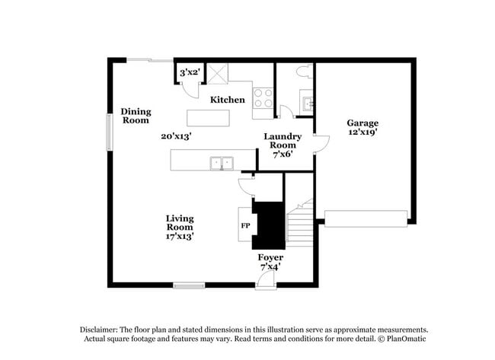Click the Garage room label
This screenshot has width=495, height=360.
pos(362,123)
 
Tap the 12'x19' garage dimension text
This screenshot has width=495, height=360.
pos(362,132)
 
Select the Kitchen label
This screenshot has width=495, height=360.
pos(228,100)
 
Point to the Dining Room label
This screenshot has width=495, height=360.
pos(136,116)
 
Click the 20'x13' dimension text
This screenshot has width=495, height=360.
pos(175,136)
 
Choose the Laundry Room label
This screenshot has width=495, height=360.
pos(283,141)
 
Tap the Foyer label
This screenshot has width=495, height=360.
pos(271,258)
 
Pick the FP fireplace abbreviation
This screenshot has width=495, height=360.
pos(245,226)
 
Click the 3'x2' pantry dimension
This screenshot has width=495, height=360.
pos(189,72)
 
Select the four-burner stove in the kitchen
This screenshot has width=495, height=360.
pos(263,97)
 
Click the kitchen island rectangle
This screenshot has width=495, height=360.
pos(208,117)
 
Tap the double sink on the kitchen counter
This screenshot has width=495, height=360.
pos(223,161)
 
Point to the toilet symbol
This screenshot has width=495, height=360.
pos(302,73)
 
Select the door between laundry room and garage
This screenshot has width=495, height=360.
pos(320,145)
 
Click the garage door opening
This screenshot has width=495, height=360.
pos(366,218)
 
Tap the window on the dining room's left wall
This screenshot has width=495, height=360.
pos(110,132)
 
